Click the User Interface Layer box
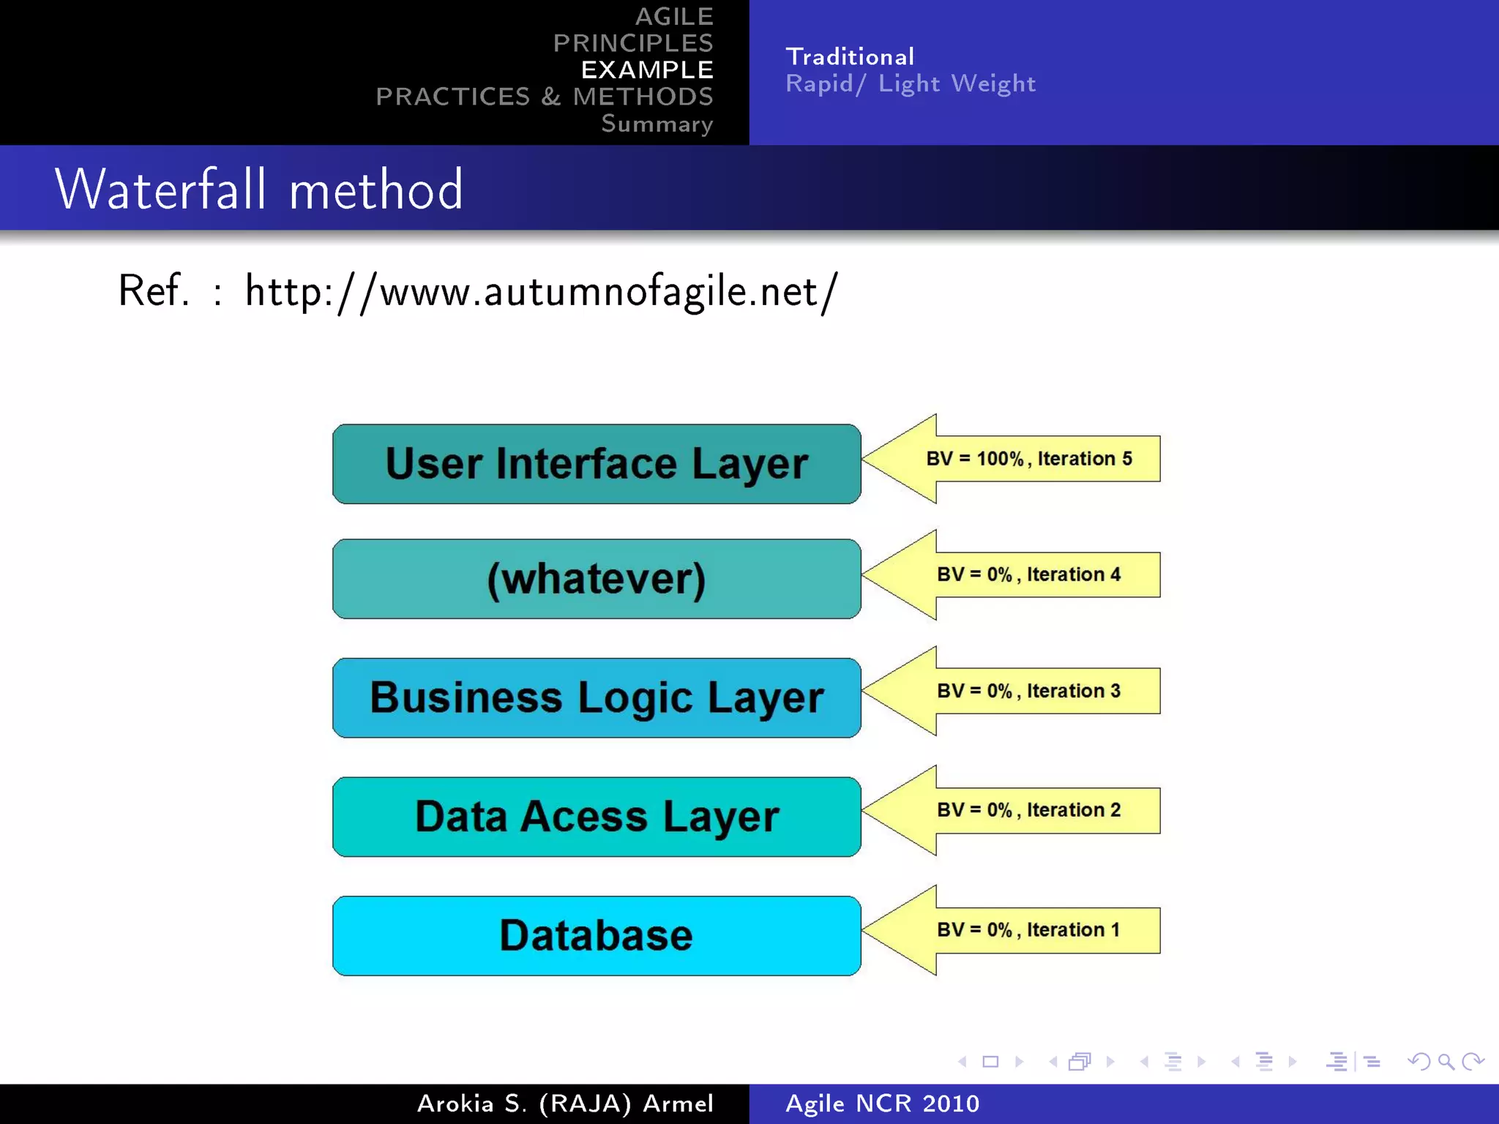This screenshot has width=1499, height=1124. [597, 464]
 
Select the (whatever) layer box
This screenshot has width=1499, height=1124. [597, 579]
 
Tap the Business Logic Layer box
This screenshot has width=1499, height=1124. [597, 697]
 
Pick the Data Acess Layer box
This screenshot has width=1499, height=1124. [597, 817]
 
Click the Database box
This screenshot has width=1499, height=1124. [597, 935]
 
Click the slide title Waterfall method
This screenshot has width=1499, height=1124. [259, 189]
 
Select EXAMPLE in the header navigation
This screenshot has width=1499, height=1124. [647, 70]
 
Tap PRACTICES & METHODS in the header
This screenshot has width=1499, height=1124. [544, 97]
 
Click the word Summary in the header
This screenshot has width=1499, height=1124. [657, 124]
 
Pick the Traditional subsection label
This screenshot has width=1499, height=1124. [850, 56]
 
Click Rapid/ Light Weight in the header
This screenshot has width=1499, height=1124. [911, 83]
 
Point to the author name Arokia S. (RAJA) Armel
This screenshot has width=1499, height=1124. [565, 1104]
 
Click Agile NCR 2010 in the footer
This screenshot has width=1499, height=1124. [882, 1104]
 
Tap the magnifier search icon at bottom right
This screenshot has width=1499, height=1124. [1446, 1061]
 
